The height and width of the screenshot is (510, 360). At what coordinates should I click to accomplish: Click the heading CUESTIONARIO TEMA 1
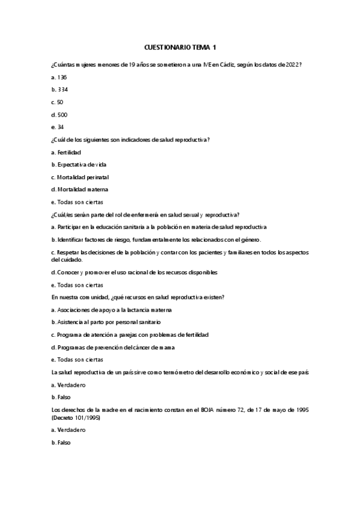point(180,46)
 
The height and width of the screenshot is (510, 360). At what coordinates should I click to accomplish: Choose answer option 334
point(59,90)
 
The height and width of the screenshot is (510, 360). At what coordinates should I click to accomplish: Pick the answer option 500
point(59,114)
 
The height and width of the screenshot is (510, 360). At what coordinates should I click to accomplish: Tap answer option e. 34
point(58,127)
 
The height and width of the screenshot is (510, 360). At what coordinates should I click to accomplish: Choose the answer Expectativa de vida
point(82,164)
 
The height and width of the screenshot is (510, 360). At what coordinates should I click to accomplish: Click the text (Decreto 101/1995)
point(76,417)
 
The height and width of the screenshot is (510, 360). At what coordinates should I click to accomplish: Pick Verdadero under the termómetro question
point(68,384)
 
